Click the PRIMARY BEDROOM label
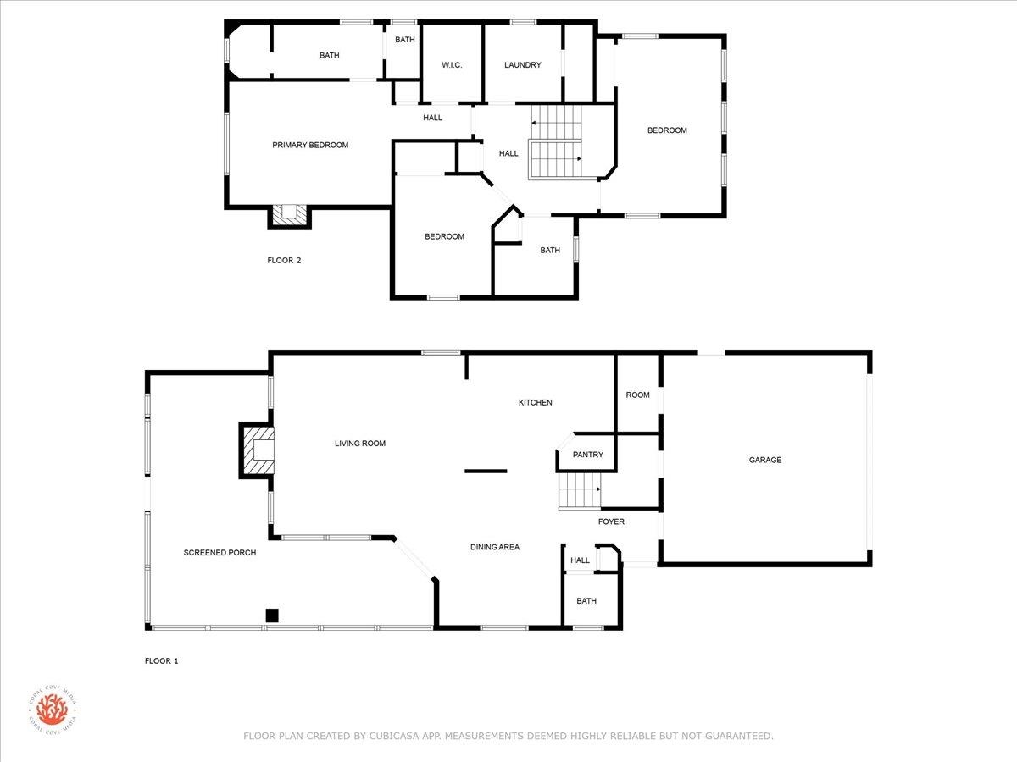310,145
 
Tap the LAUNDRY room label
523,65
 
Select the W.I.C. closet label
452,65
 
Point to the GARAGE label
765,460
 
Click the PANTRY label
588,455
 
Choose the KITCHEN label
535,402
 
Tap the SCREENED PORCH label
220,552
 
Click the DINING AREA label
495,547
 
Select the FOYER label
611,522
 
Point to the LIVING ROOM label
360,443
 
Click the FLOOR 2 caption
284,261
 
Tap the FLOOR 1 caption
162,660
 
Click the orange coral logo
52,709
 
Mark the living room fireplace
258,450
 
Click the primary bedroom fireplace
290,217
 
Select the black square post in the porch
272,616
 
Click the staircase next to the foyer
580,490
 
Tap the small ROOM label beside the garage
637,395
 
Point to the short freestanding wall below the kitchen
486,471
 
